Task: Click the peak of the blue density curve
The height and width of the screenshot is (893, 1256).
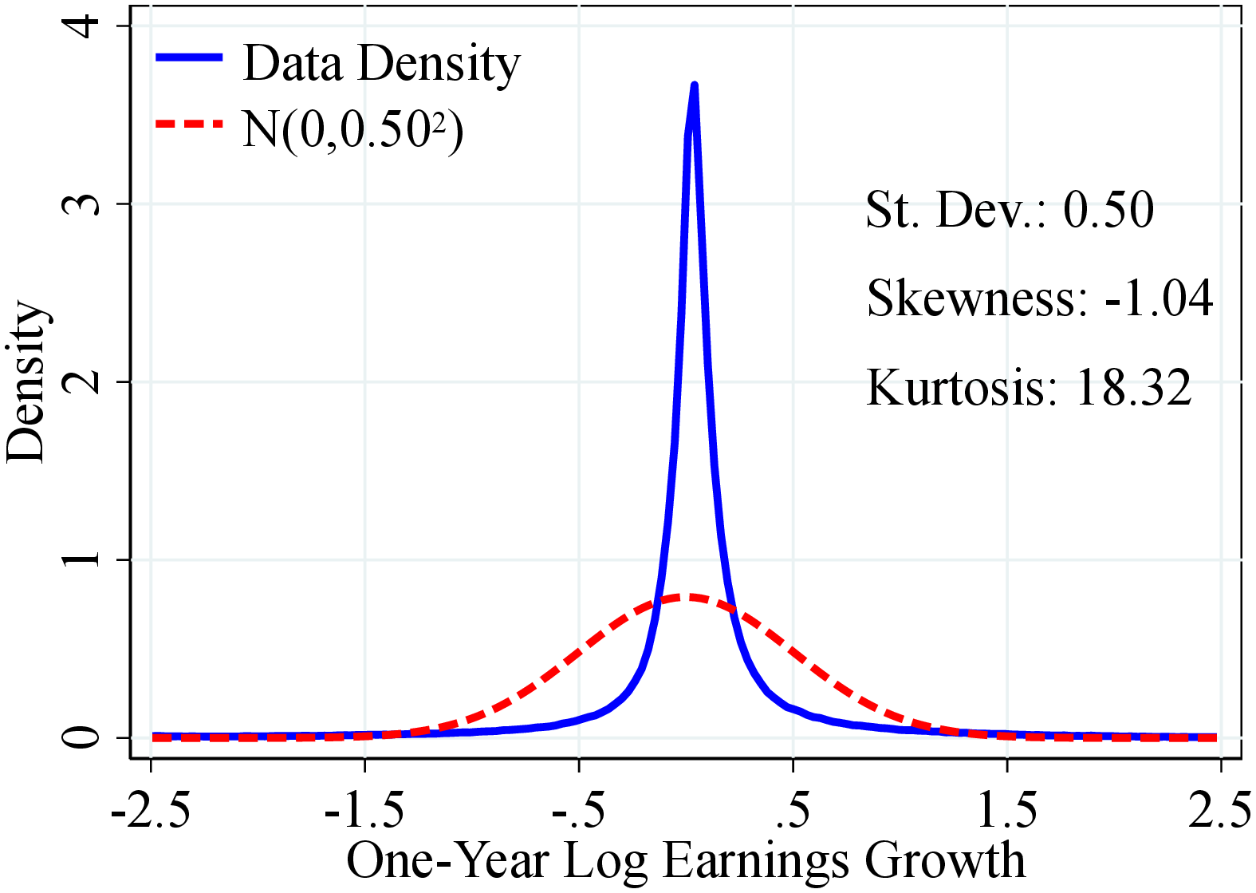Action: [694, 85]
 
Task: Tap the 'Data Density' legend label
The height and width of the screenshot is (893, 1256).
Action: [381, 63]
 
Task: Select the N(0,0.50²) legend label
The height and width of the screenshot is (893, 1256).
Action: [352, 129]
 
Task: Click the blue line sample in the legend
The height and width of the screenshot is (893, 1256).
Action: [189, 57]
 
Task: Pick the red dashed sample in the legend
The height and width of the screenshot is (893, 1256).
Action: [189, 124]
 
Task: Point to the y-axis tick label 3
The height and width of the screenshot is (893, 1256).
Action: [82, 203]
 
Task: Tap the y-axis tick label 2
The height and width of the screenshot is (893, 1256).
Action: [82, 381]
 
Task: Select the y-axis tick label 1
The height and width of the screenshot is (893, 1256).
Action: [82, 559]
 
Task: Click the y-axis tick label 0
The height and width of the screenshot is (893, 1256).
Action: [82, 737]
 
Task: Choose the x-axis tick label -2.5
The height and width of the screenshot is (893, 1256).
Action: [150, 810]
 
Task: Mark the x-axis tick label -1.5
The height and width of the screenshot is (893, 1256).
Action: [364, 810]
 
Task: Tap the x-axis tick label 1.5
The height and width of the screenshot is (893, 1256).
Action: [1007, 810]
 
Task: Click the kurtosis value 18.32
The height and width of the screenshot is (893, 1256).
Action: [1133, 388]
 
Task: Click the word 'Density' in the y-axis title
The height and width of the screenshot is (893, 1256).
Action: [26, 381]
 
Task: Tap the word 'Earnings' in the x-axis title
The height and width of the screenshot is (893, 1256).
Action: [756, 862]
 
